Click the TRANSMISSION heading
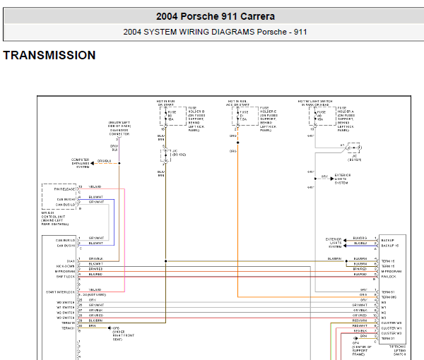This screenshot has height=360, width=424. tap(49, 55)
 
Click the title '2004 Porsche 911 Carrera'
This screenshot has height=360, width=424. tap(215, 16)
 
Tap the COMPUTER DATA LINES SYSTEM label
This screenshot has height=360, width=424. tap(81, 163)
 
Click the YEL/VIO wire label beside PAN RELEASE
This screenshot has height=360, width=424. tap(95, 187)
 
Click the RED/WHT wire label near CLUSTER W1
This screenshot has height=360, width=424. tap(360, 325)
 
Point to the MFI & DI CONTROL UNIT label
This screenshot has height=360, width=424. tap(57, 218)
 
